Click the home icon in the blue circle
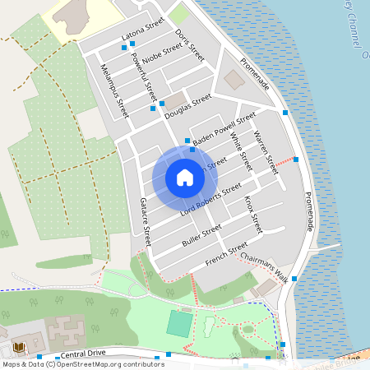click(185, 178)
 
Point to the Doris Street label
click(190, 45)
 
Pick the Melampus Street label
click(114, 90)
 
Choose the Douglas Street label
click(187, 106)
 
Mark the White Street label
click(240, 147)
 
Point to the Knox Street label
click(252, 213)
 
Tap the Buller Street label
click(201, 237)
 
